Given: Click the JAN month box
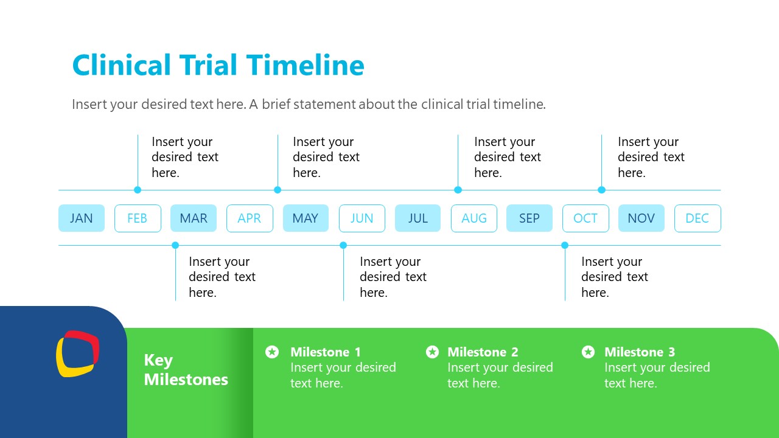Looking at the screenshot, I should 82,218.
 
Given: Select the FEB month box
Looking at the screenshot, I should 138,218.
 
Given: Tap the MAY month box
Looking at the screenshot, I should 306,218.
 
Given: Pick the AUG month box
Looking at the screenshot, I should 474,218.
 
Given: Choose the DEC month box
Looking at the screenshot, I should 697,218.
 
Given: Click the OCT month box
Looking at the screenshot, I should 585,218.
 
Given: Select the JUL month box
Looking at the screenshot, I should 417,218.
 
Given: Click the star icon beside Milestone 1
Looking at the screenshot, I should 272,352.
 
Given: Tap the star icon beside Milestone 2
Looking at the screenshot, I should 432,352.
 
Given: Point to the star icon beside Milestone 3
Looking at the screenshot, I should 588,352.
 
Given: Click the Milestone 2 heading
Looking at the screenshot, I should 483,352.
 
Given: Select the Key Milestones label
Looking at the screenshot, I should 186,370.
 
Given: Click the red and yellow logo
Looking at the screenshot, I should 78,353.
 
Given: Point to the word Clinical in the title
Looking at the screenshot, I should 122,65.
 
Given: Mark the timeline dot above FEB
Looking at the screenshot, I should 138,190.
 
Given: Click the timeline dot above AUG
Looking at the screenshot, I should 458,190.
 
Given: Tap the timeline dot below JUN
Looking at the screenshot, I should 343,245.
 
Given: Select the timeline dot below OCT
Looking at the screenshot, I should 565,245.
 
